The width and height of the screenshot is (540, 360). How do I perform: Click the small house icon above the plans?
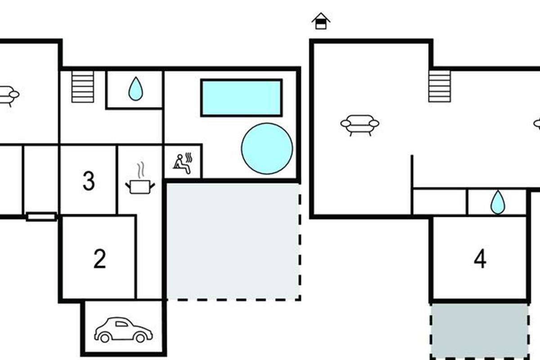pos(321,21)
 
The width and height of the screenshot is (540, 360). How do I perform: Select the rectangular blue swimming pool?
pos(241,98)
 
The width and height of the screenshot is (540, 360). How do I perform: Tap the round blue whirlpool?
pos(267,148)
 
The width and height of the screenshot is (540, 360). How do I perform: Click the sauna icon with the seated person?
pos(183,163)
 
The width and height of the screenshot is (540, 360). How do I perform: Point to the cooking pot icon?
pos(140,187)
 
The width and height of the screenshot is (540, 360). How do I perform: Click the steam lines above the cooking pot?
pos(141,170)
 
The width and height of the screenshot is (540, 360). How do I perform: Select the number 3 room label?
pos(89,181)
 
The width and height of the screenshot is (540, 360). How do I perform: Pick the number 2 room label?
pos(99,259)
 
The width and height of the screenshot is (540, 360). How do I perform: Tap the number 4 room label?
pos(480,259)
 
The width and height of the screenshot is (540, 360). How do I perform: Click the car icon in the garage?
pos(123,329)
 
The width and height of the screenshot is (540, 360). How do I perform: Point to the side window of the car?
pos(121,324)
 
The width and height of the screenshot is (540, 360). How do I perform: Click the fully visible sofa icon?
pos(360,126)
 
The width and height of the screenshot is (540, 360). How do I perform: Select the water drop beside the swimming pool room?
pos(136,89)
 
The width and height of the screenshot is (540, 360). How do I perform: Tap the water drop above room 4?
pos(498,202)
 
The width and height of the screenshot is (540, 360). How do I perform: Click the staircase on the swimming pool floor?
pos(83,86)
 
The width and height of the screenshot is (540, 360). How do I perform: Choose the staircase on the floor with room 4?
pos(440,86)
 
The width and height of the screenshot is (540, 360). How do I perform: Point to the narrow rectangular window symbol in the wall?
pos(41,216)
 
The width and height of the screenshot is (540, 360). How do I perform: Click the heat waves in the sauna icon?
pos(189,157)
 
